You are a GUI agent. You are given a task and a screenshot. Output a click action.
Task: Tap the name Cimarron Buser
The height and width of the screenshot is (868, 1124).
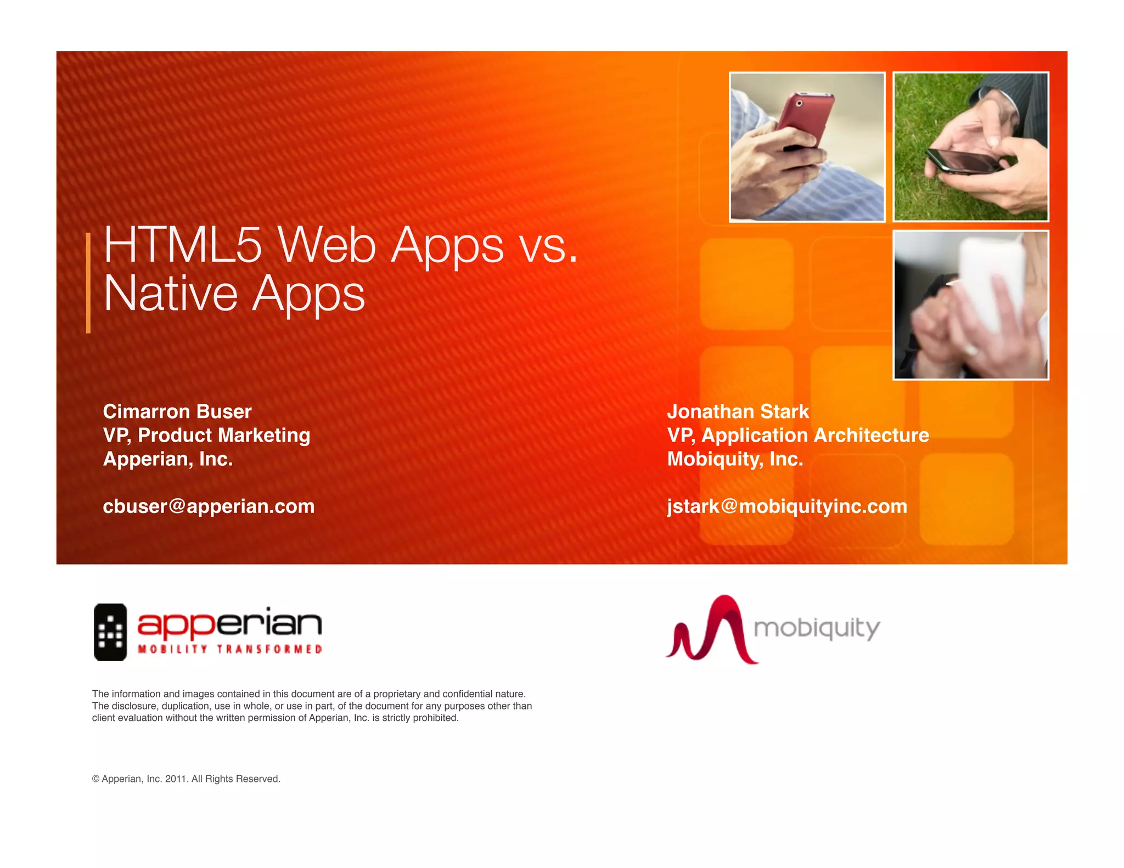point(177,412)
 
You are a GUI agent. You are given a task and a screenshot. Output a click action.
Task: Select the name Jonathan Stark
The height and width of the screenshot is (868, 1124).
point(738,412)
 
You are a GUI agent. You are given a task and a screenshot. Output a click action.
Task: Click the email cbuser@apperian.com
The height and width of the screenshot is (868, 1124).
point(209,506)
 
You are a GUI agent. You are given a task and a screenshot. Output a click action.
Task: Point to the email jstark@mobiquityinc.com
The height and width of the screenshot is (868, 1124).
point(787,506)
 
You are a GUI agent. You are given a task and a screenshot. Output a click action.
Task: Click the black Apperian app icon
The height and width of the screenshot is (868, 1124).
point(110,632)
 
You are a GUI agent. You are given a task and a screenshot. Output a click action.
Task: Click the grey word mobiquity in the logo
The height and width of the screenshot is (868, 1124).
point(817,628)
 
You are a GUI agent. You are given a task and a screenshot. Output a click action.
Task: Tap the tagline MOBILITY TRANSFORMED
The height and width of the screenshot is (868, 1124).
point(229,650)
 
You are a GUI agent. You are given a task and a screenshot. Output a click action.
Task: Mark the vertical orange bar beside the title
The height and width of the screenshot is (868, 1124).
point(88,283)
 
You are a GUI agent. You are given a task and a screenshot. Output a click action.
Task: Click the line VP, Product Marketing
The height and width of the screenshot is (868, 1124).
point(206,435)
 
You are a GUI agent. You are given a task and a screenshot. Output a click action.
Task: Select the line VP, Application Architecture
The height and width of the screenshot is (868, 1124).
point(798,435)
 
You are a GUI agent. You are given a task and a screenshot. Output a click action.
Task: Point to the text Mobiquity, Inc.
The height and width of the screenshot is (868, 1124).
point(735,459)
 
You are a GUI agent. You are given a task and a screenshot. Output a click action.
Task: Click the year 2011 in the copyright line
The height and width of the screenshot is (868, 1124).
point(176,779)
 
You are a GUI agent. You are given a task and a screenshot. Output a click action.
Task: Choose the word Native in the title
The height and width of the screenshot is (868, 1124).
point(170,294)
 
